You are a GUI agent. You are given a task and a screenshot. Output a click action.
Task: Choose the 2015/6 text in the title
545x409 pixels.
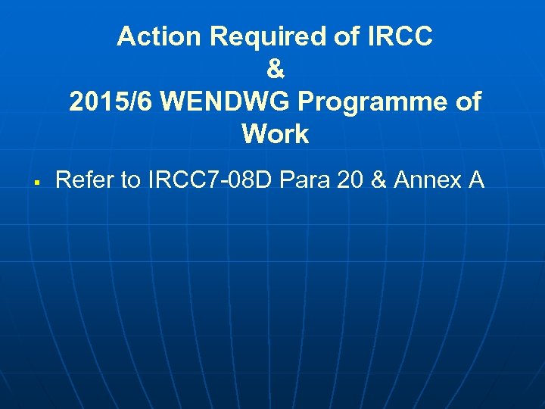tap(112, 101)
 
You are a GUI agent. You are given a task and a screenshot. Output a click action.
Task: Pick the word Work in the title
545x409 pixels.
tap(276, 135)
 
